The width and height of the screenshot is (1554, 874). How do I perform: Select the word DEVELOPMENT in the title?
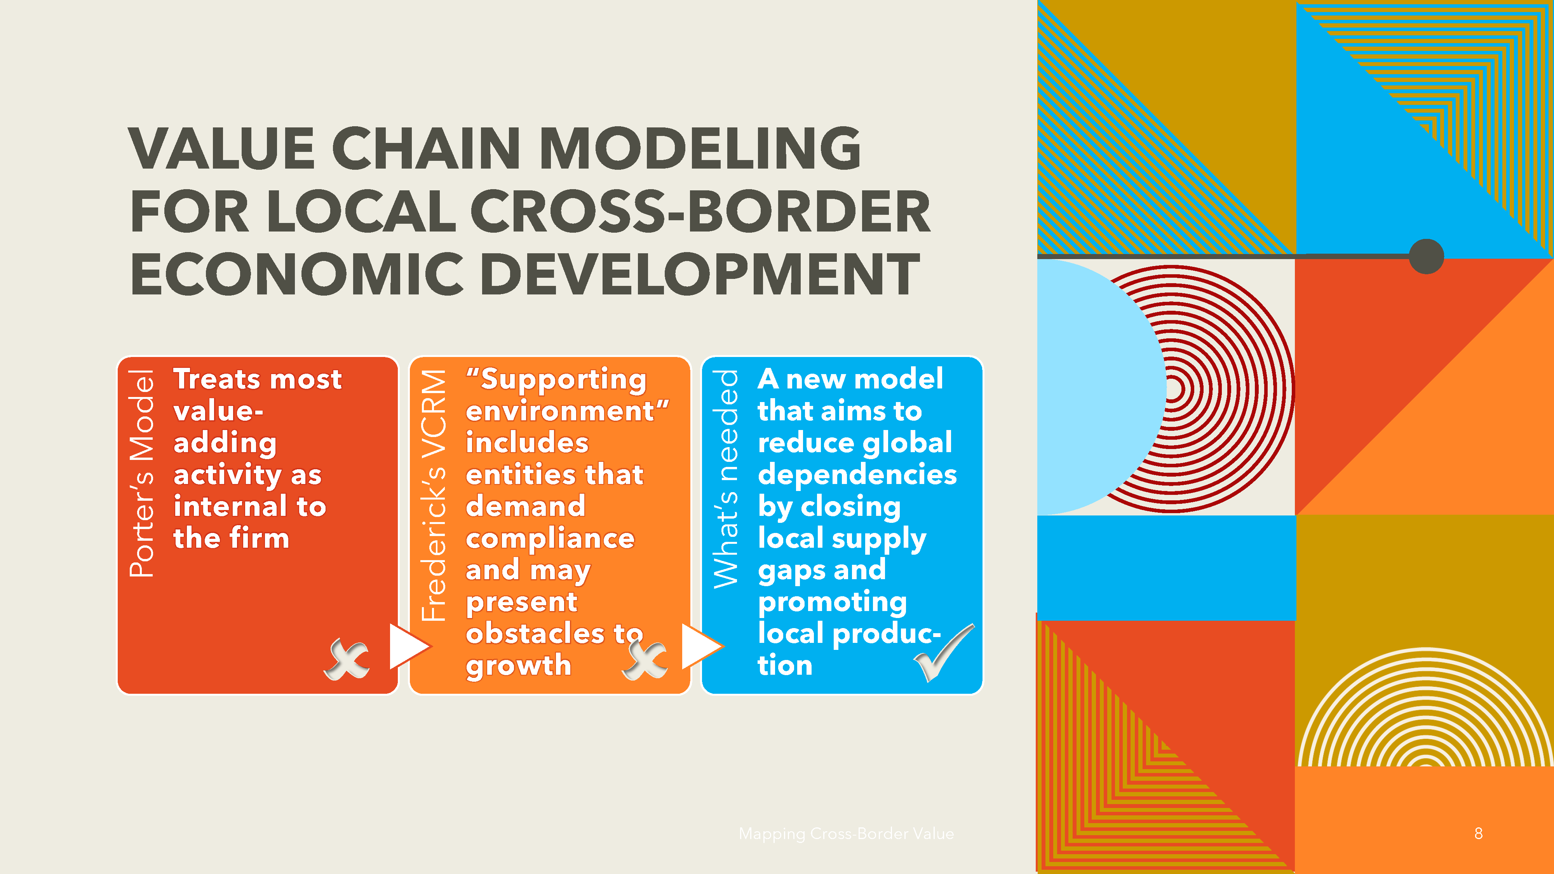tap(700, 275)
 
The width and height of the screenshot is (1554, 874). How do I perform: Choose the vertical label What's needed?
tap(726, 479)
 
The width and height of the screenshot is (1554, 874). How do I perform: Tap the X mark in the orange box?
tap(645, 659)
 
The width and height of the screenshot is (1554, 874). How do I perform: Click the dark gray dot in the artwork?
tap(1426, 256)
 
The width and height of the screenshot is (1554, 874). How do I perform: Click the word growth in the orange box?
tap(518, 665)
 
